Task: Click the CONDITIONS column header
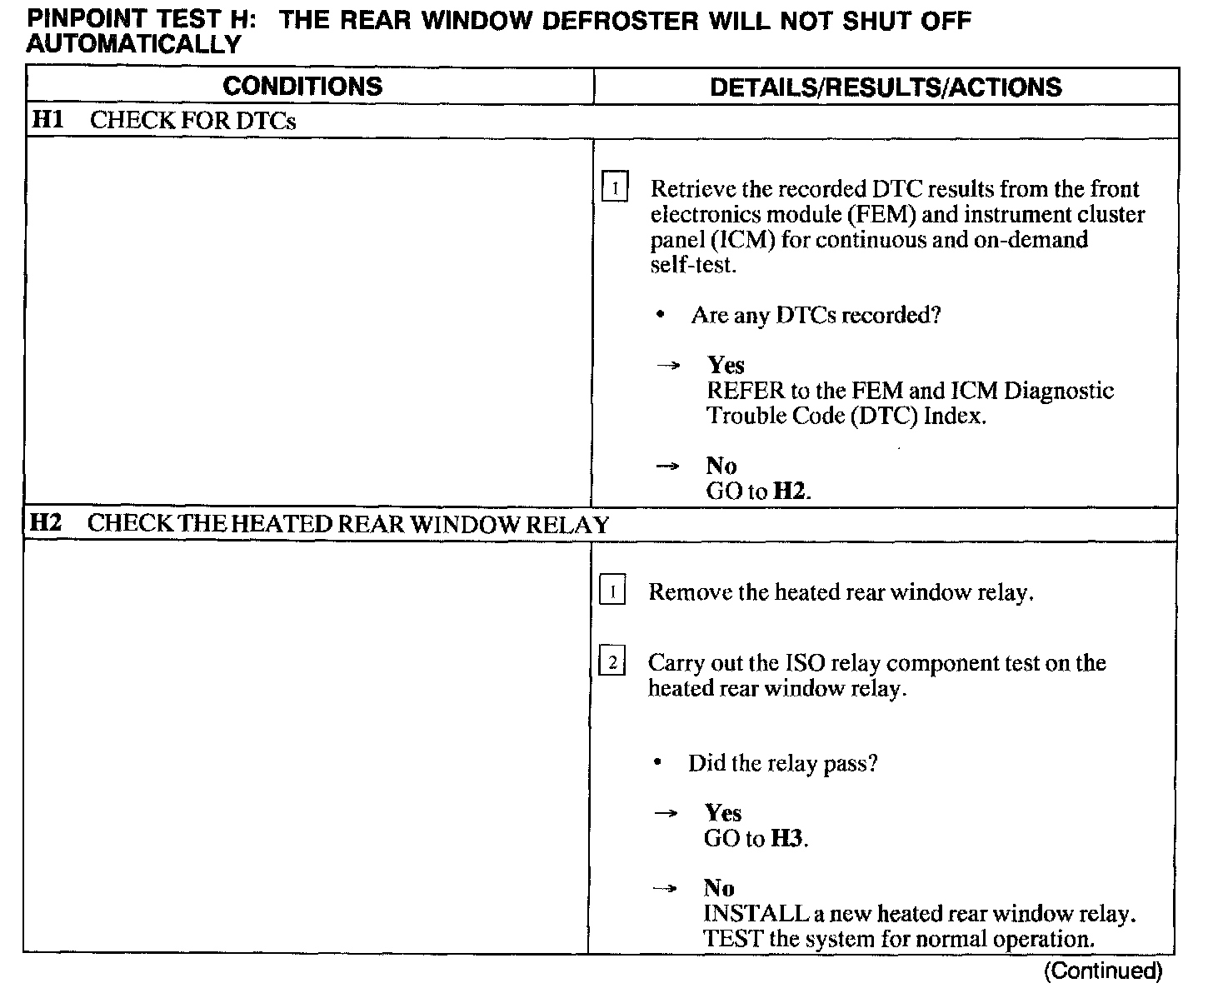click(302, 87)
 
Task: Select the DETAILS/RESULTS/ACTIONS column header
click(886, 87)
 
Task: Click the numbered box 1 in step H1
click(614, 188)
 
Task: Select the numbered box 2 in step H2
click(612, 663)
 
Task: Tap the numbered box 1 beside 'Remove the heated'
click(612, 592)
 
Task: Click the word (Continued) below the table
click(1102, 971)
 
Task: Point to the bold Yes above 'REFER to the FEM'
click(726, 365)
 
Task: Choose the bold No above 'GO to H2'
click(721, 466)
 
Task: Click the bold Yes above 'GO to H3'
click(723, 812)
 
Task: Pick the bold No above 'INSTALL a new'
click(719, 888)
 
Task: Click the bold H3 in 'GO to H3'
click(787, 838)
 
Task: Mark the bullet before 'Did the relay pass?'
click(657, 763)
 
